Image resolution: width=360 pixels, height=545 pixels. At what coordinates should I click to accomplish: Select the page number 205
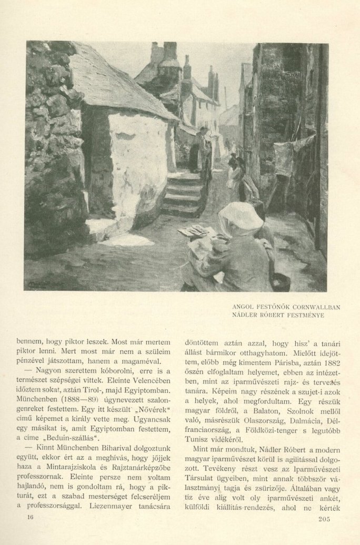324,520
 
